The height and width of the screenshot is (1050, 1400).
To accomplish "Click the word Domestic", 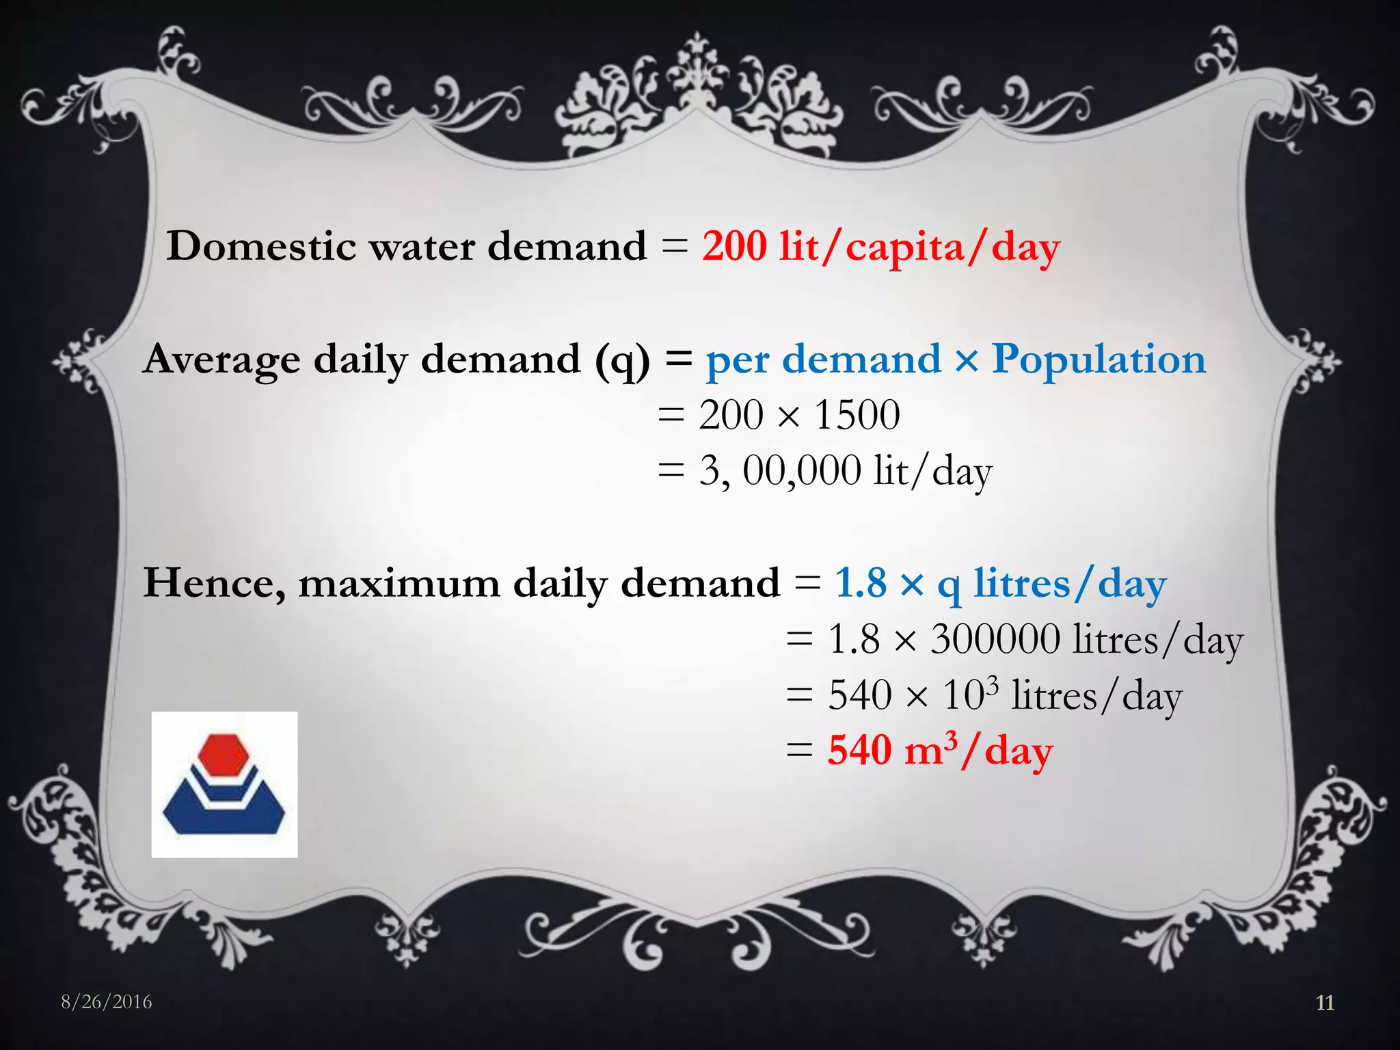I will point(261,246).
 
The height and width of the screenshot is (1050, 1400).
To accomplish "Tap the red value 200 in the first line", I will point(734,246).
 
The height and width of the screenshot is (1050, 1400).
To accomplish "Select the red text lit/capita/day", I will point(919,247).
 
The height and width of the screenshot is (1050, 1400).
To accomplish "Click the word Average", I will point(222,360).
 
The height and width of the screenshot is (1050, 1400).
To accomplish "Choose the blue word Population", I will point(1099,360).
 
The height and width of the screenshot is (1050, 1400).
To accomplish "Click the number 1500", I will point(857,415).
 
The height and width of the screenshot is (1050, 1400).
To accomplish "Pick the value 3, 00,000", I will point(779,471).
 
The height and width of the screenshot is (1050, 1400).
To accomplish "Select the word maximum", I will point(399,584).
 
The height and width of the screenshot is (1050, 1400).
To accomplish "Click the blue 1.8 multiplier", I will point(861,583).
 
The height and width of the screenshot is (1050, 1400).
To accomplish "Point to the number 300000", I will point(995,640).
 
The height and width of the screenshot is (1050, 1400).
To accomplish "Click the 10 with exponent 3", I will point(970,695).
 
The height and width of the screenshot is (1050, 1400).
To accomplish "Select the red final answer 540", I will point(861,751).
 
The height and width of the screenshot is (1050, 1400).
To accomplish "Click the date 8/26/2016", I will point(107,1002).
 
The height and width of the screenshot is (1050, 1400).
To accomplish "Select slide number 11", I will point(1325,1003).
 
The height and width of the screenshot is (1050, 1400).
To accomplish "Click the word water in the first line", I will point(422,246).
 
